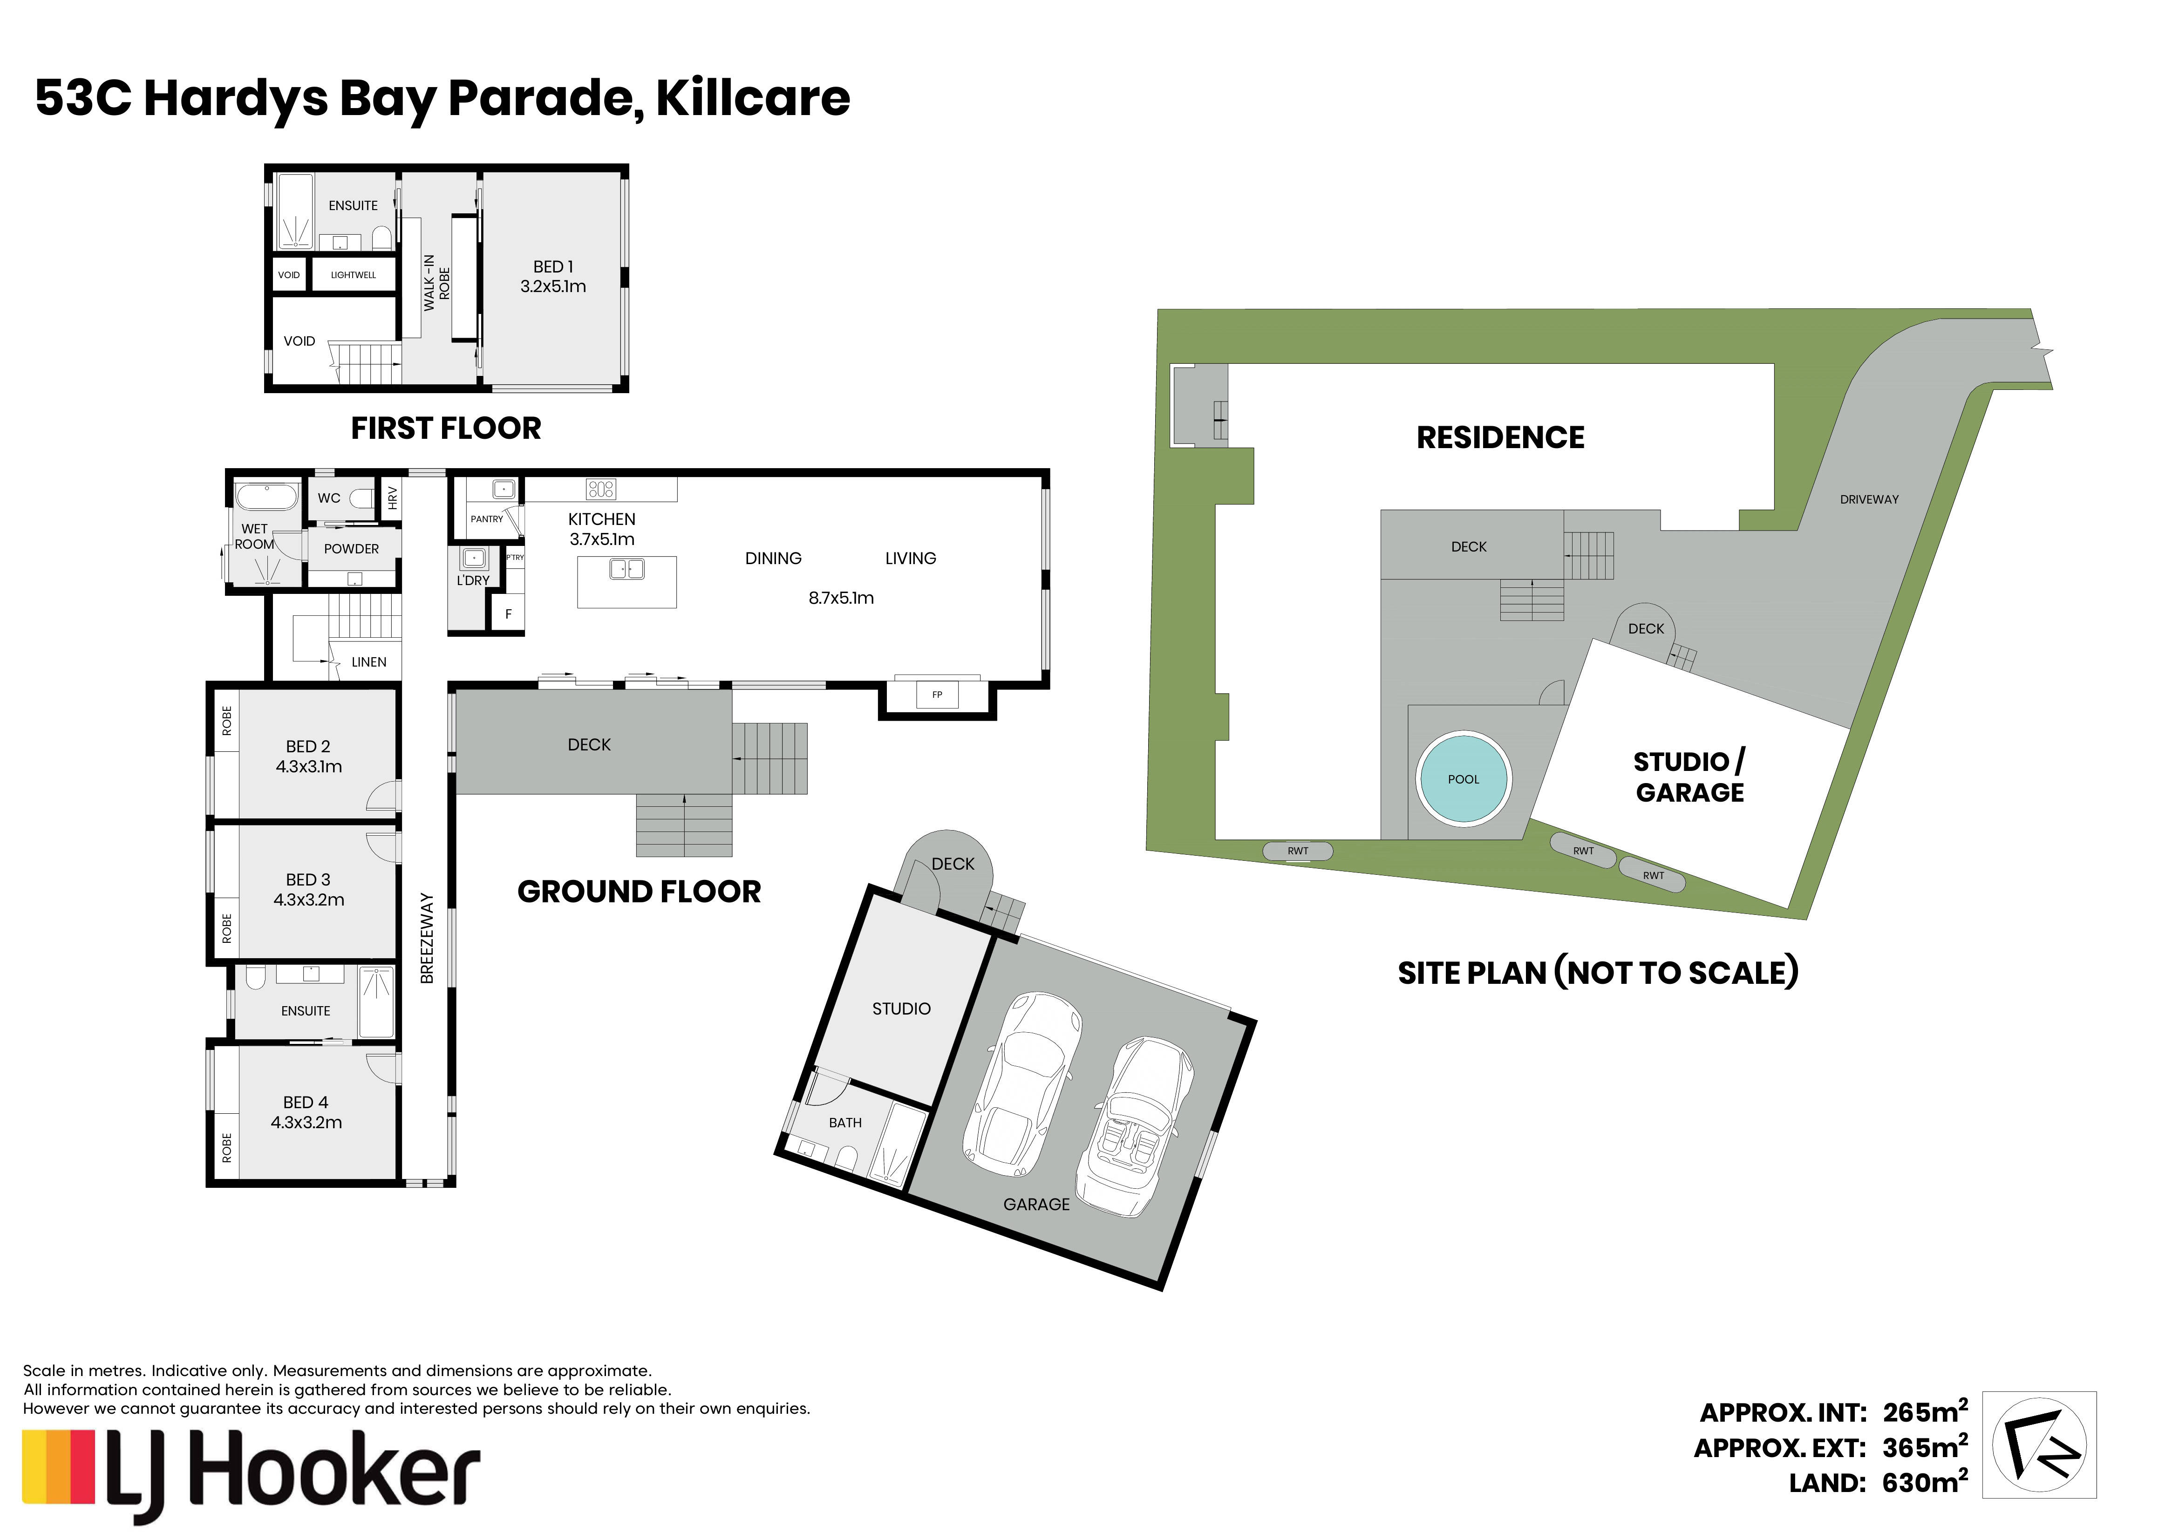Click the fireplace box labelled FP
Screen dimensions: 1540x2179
point(937,695)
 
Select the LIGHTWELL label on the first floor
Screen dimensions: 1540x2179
point(353,275)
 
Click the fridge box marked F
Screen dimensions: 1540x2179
point(508,614)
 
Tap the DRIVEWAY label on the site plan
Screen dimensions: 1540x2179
point(1869,499)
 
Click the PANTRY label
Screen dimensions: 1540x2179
point(487,519)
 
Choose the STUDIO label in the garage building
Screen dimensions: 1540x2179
point(901,1008)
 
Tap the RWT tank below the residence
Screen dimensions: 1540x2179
point(1297,851)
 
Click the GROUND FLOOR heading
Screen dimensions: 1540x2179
point(639,892)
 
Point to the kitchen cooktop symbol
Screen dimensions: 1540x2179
point(601,489)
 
